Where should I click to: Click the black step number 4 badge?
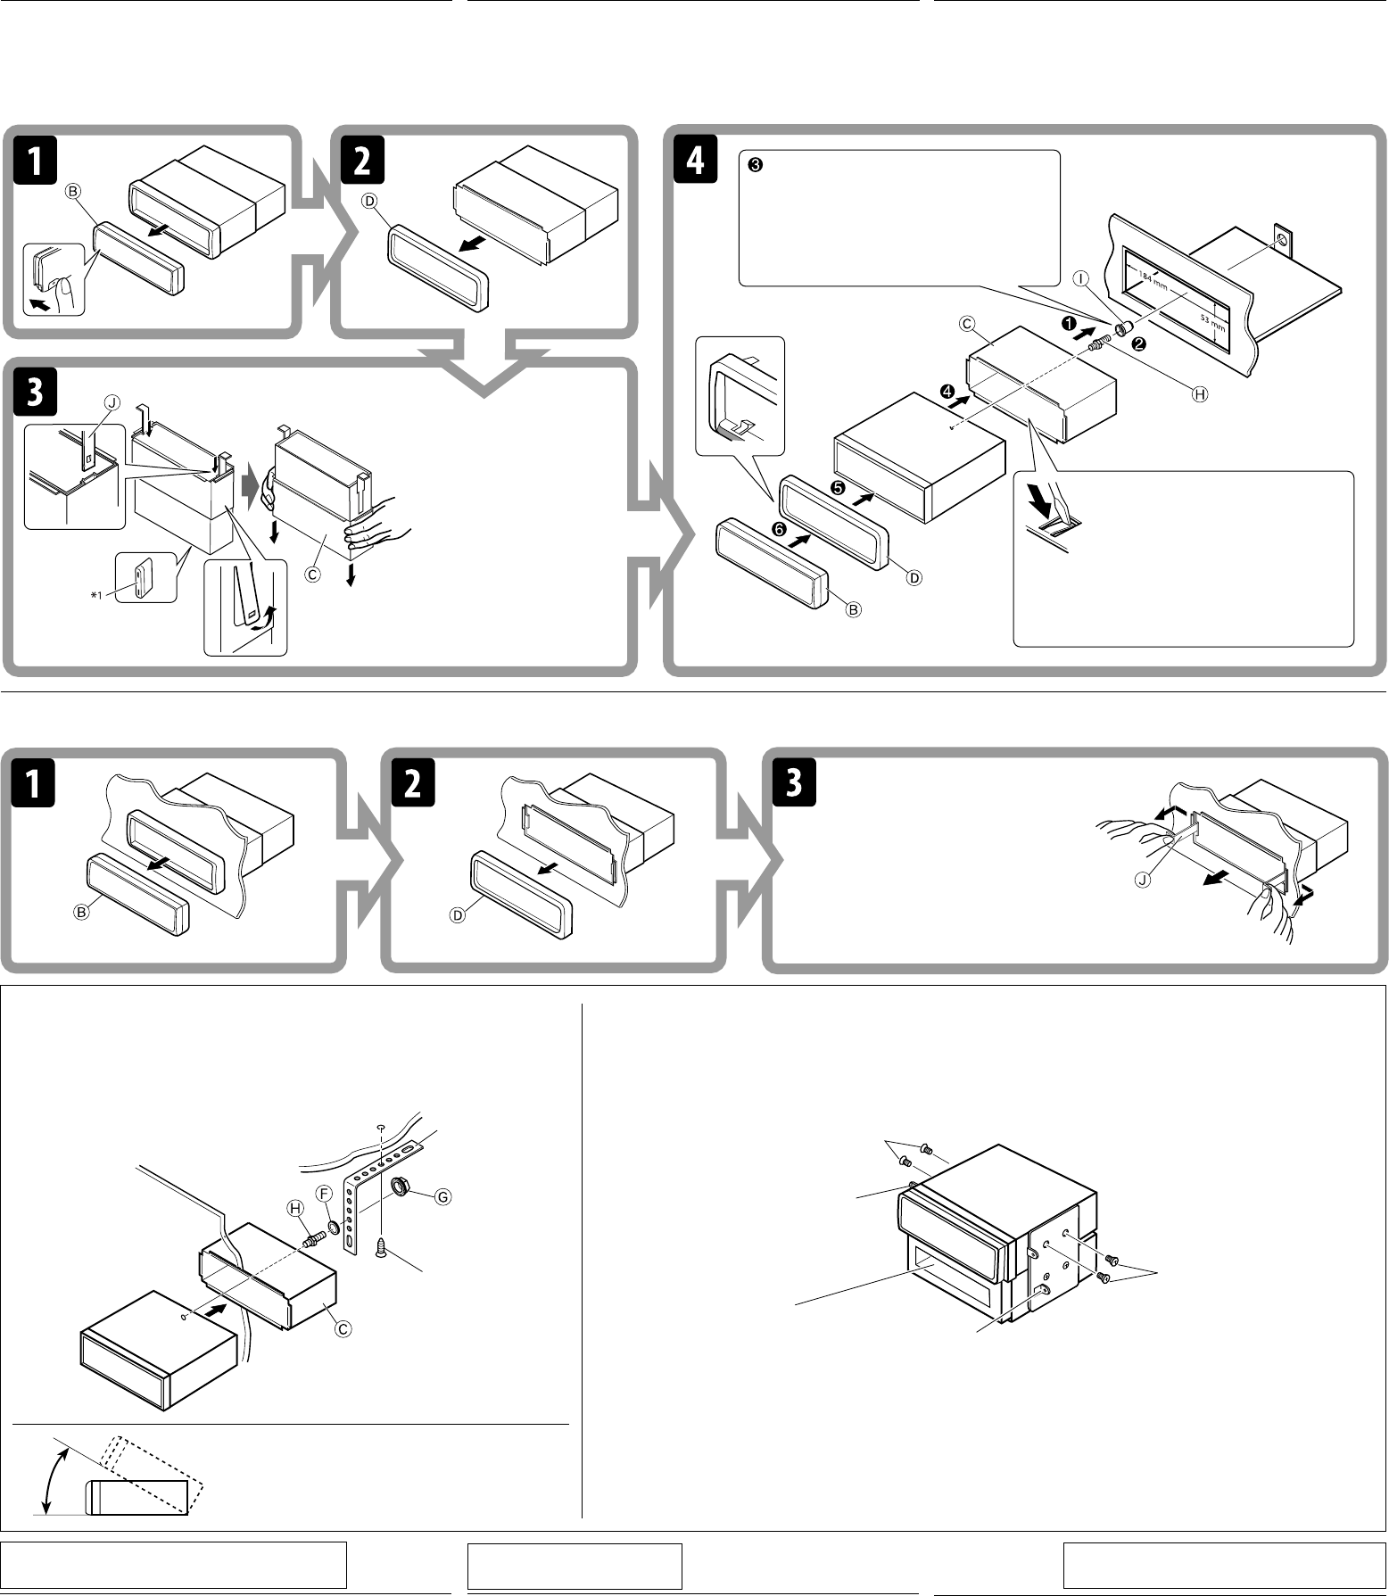pyautogui.click(x=695, y=161)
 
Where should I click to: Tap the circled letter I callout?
pyautogui.click(x=1081, y=279)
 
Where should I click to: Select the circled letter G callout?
pyautogui.click(x=442, y=1197)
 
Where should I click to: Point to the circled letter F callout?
pyautogui.click(x=326, y=1193)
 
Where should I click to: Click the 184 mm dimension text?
pyautogui.click(x=1153, y=285)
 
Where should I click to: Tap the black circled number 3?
pyautogui.click(x=754, y=165)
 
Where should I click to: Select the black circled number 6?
pyautogui.click(x=779, y=529)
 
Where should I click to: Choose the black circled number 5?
pyautogui.click(x=838, y=488)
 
